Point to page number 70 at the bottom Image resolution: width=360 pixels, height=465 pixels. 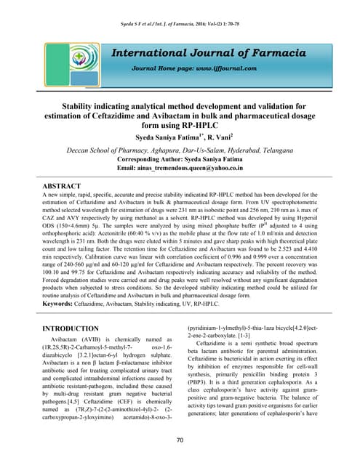click(180, 440)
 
